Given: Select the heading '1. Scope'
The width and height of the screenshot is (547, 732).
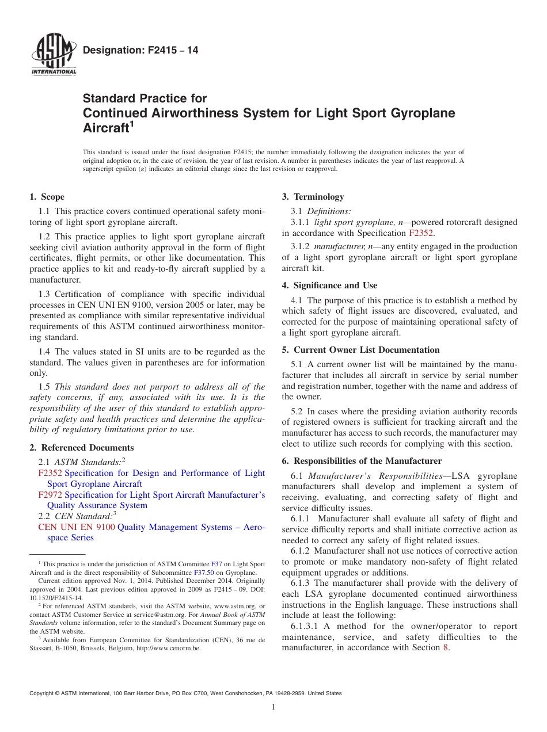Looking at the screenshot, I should [x=47, y=197].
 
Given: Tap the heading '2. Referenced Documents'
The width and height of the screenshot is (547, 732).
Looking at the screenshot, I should [x=82, y=448].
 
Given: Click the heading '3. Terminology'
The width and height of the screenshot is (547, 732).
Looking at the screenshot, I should [x=313, y=197].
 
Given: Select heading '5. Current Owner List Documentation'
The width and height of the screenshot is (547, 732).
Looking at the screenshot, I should [x=360, y=350].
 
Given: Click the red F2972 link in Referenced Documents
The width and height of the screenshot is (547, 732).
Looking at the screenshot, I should [x=50, y=495].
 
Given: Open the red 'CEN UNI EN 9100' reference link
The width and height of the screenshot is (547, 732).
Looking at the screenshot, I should [x=77, y=527].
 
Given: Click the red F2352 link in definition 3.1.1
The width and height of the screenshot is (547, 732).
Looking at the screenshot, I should [x=421, y=233].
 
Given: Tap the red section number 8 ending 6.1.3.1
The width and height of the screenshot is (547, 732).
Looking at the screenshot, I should [x=445, y=647].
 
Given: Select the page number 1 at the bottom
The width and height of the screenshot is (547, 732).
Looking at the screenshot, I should [x=273, y=707].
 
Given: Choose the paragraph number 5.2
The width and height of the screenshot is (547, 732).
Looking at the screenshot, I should [x=297, y=411].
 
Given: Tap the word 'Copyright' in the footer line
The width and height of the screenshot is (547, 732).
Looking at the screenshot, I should [x=44, y=693].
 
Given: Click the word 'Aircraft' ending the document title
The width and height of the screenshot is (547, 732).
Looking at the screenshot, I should [x=105, y=128].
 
